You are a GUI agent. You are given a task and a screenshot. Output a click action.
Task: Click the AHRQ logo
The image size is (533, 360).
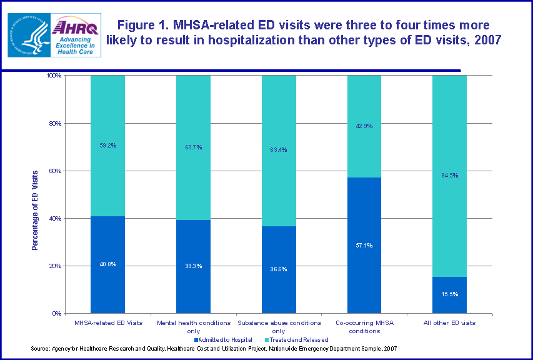tap(74, 36)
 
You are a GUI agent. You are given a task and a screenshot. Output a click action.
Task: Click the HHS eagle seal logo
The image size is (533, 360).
tap(28, 36)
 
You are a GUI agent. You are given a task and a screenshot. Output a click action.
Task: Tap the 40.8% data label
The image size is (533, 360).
tap(107, 264)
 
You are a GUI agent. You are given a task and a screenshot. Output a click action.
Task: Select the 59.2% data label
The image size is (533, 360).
tap(107, 145)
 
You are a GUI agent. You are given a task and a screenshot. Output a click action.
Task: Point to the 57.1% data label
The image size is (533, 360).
tap(364, 246)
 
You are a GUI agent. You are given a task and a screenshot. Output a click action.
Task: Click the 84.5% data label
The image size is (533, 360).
tap(449, 175)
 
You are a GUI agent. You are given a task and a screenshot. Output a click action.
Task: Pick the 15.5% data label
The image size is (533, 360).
tap(449, 293)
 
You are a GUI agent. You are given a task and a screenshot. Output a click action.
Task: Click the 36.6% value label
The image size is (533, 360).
tap(279, 269)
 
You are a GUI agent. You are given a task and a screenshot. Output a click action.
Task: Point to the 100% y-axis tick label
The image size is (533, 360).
tap(53, 76)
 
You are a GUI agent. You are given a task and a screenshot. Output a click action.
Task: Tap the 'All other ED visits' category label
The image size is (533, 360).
tap(449, 323)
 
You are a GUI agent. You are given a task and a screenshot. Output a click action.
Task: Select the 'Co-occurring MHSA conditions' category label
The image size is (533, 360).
tap(364, 327)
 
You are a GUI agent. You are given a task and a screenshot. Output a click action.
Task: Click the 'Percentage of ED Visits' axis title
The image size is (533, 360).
tap(35, 209)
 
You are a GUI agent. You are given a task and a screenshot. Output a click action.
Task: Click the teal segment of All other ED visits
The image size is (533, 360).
tap(449, 125)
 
